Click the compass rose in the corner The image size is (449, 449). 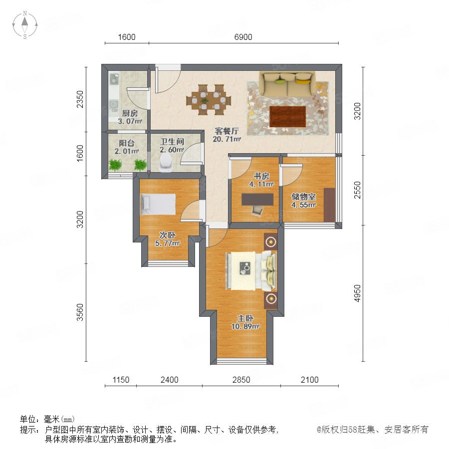[25, 25]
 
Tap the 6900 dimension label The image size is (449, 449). [243, 37]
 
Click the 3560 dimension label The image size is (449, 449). [80, 312]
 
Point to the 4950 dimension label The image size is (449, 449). [357, 293]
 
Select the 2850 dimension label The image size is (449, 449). [241, 380]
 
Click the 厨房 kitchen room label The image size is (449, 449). [130, 113]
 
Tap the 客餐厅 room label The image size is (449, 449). [227, 131]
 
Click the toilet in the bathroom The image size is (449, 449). [166, 163]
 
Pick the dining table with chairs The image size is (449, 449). [209, 100]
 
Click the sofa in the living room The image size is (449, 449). [287, 84]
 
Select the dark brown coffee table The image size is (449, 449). [287, 116]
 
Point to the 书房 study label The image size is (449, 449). [261, 176]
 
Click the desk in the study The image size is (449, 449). [257, 200]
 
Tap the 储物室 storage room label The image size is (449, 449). [303, 197]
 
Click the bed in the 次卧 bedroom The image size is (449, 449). [158, 204]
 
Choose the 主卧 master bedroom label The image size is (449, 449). [245, 318]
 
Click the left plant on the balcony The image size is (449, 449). [115, 165]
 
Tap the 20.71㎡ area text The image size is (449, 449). [227, 139]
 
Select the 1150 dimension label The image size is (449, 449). [121, 380]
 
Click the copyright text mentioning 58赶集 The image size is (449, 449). [373, 429]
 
